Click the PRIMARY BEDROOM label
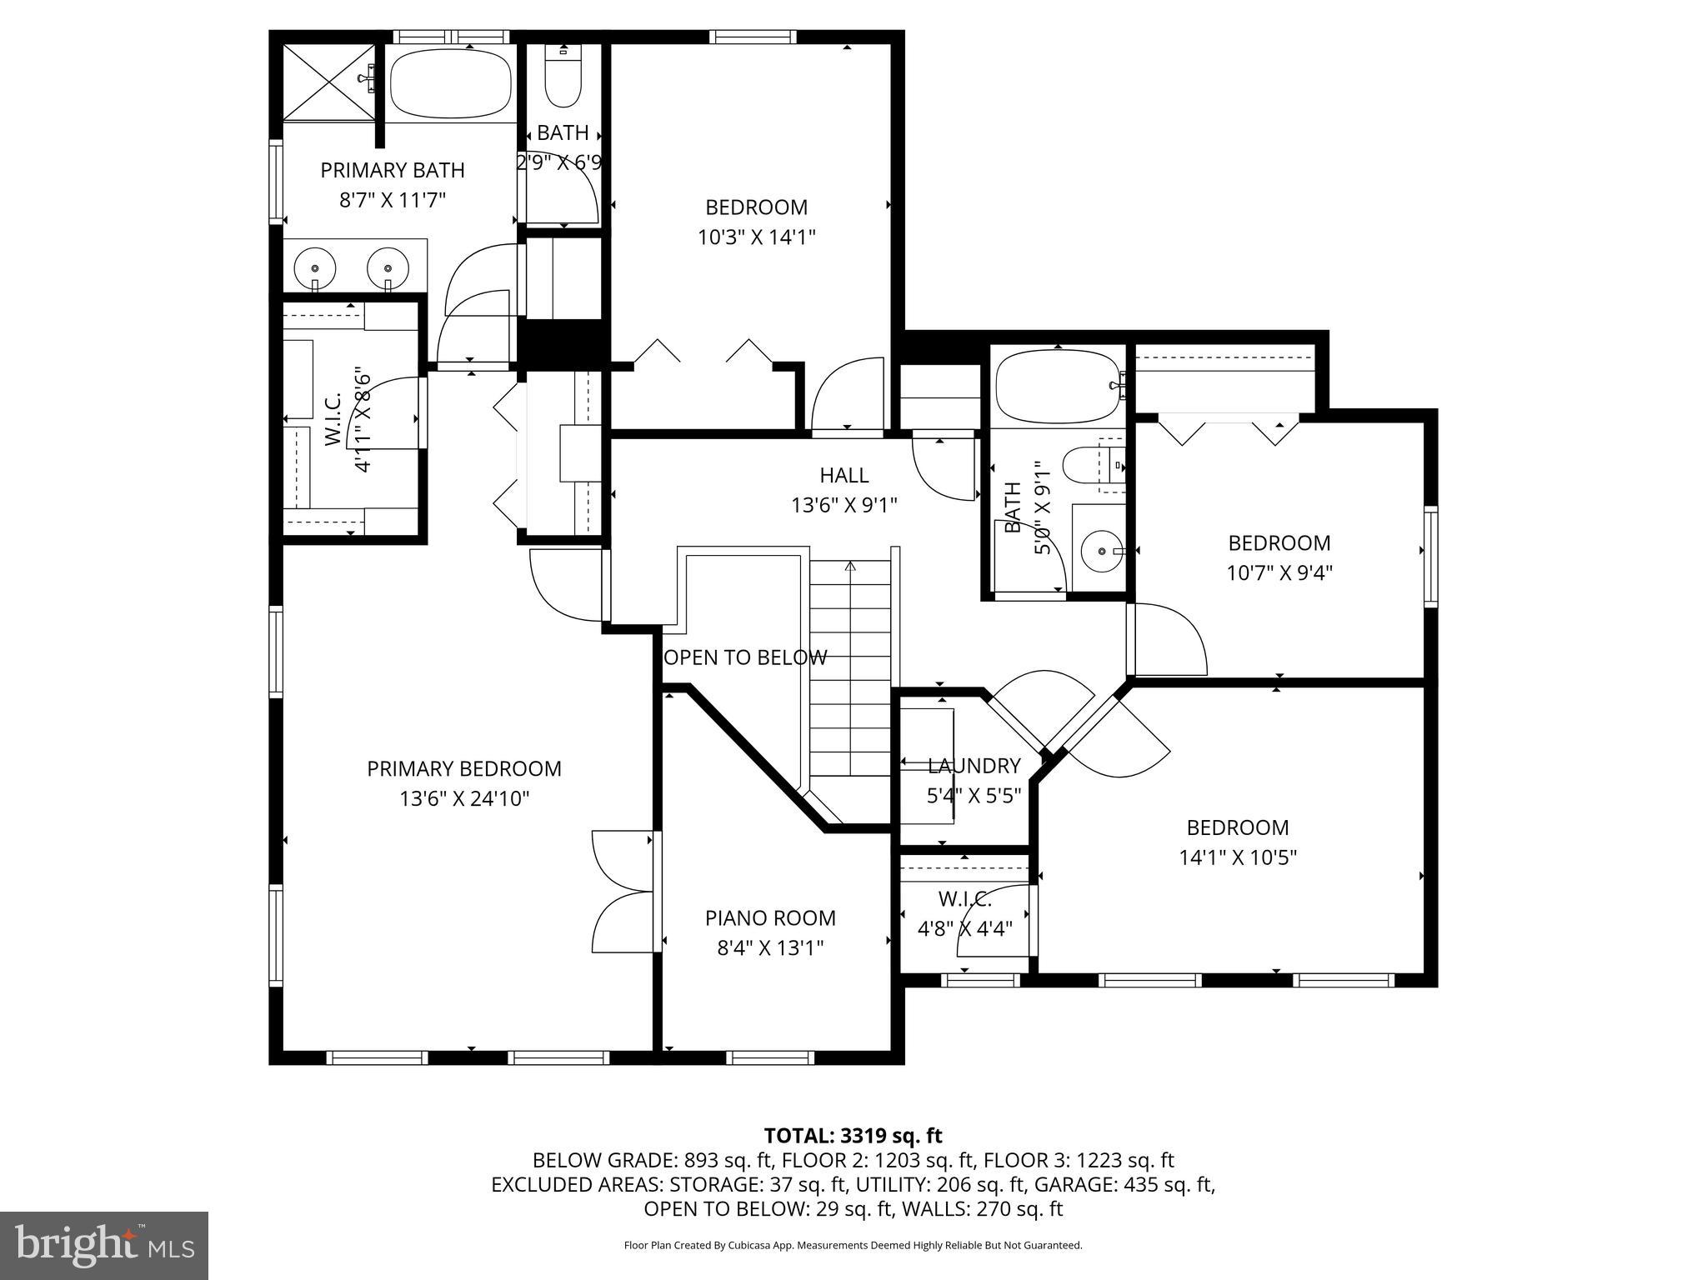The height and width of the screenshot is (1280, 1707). click(x=464, y=768)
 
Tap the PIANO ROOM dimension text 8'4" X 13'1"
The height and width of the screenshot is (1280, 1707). click(x=770, y=948)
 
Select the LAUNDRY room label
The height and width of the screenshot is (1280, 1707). click(x=974, y=766)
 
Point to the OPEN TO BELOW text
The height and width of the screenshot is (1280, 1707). click(x=745, y=657)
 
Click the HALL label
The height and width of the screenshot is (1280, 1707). click(x=843, y=475)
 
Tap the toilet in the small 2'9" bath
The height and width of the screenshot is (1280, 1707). click(x=563, y=83)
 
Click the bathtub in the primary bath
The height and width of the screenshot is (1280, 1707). click(x=450, y=84)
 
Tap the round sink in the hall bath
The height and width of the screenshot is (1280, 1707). click(x=1102, y=551)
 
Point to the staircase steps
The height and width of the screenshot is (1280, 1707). click(x=850, y=667)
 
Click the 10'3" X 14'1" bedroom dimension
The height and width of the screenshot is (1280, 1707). click(x=756, y=237)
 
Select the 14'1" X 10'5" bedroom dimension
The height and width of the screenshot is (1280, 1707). click(x=1238, y=857)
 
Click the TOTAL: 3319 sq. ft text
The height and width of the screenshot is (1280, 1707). click(x=853, y=1136)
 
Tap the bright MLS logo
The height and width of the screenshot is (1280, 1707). click(x=104, y=1245)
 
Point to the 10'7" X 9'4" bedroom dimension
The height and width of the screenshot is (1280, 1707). click(x=1279, y=573)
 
